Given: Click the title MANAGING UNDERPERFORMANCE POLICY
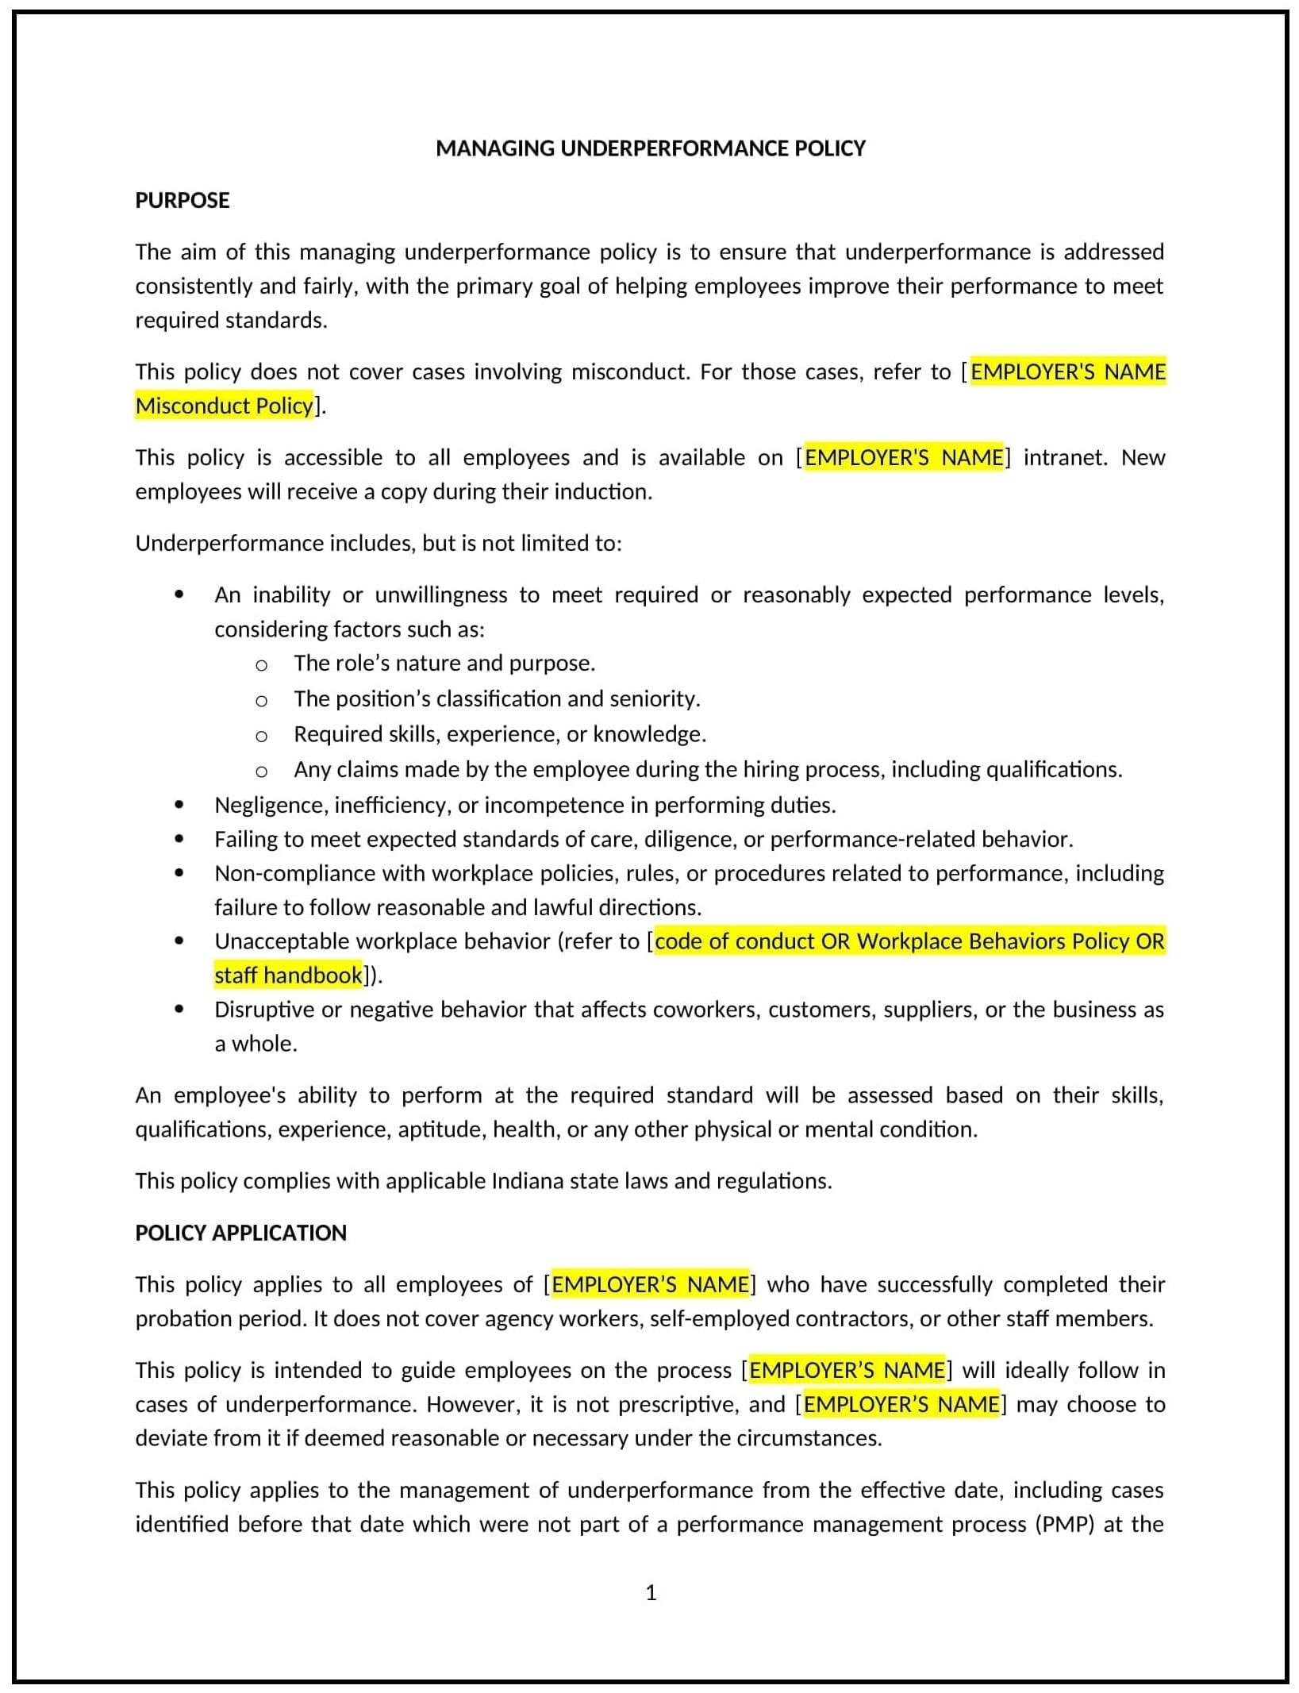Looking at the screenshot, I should click(650, 148).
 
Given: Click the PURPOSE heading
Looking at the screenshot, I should click(182, 200).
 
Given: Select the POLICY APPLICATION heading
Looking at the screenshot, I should click(240, 1233).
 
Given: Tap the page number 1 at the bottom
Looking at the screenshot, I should click(651, 1593).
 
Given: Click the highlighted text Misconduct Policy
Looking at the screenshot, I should click(225, 406).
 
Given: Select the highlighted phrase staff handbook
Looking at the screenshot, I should click(288, 975).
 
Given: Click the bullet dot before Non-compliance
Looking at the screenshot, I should click(179, 873).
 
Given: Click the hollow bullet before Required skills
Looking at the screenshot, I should click(261, 735).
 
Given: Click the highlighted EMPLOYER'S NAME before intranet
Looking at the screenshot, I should click(904, 457).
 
